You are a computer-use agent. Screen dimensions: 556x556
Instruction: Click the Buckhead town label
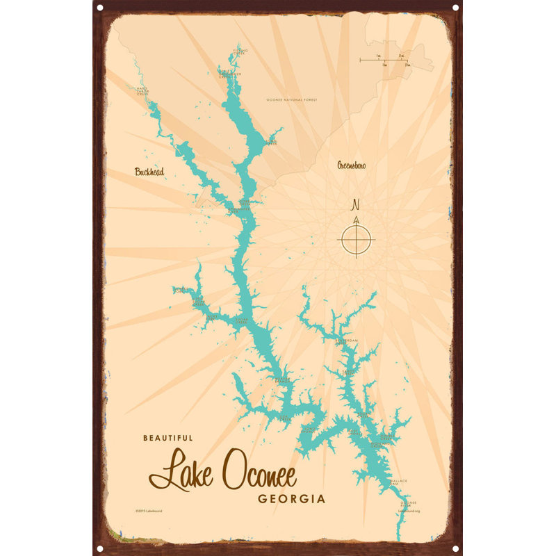pyautogui.click(x=149, y=171)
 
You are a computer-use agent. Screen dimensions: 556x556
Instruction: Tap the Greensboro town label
pyautogui.click(x=352, y=165)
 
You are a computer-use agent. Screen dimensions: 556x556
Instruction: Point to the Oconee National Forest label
pyautogui.click(x=291, y=100)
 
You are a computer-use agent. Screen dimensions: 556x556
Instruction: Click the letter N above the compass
pyautogui.click(x=356, y=204)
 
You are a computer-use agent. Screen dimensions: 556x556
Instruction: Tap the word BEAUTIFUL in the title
pyautogui.click(x=167, y=438)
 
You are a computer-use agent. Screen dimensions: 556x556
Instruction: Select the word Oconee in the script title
pyautogui.click(x=259, y=474)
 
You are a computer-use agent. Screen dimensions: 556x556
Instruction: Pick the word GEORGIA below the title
pyautogui.click(x=291, y=499)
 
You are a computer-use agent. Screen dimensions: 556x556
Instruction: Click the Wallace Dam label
pyautogui.click(x=398, y=482)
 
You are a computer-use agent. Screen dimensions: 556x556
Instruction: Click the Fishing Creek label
pyautogui.click(x=240, y=51)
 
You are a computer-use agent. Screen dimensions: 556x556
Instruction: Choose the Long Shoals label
pyautogui.click(x=355, y=432)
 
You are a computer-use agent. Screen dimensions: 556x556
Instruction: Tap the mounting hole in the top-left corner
pyautogui.click(x=99, y=7)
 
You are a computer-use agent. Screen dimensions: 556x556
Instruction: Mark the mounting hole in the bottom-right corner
pyautogui.click(x=456, y=549)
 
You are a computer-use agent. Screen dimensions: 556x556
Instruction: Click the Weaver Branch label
pyautogui.click(x=282, y=379)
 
